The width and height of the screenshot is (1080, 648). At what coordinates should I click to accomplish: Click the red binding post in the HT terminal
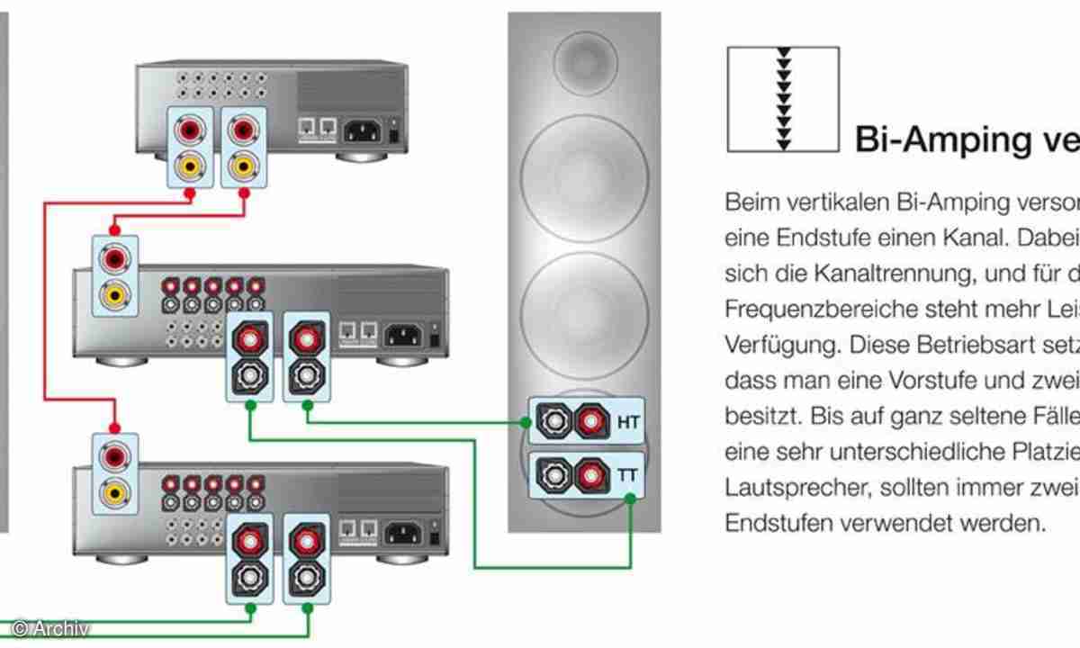point(589,420)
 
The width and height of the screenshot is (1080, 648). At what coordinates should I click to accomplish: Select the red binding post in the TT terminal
point(589,471)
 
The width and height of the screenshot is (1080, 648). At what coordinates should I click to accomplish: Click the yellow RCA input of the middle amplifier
point(115,292)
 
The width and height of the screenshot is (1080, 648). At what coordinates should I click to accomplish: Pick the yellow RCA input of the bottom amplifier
point(115,491)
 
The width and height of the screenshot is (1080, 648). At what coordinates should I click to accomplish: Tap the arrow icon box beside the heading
point(782,98)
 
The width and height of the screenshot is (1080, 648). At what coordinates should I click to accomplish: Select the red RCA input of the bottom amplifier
point(115,457)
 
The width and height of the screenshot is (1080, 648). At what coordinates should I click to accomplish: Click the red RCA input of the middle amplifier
point(115,259)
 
